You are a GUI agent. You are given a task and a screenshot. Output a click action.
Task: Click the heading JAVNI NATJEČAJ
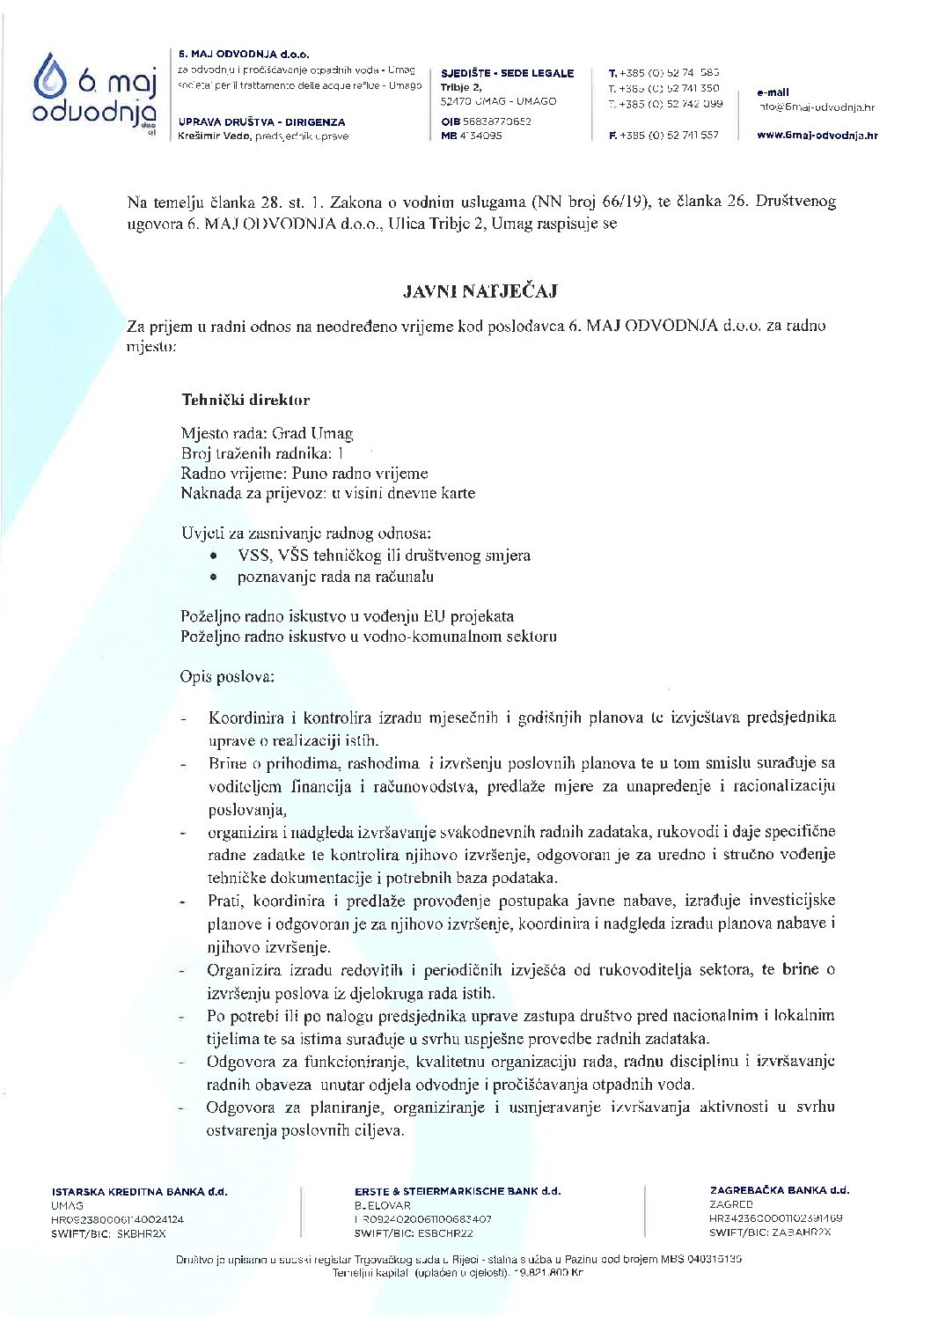[480, 291]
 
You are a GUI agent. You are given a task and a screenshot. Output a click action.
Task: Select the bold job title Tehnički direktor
[246, 400]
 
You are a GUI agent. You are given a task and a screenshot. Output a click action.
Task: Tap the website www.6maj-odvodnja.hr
[817, 136]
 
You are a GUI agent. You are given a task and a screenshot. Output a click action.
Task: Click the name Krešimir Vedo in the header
[203, 136]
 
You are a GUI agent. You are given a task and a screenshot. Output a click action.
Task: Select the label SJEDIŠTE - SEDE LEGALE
[507, 73]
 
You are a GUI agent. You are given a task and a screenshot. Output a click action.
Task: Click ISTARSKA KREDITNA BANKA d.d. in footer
[139, 1192]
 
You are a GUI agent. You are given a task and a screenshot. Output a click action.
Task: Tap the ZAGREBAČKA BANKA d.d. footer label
[779, 1190]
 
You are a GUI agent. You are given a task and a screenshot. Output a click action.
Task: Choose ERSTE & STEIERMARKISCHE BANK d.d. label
[458, 1191]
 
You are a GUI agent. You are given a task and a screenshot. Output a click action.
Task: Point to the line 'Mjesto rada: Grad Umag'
[267, 433]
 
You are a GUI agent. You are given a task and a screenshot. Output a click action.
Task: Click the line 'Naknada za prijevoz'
[327, 493]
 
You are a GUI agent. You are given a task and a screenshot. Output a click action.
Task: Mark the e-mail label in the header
[773, 92]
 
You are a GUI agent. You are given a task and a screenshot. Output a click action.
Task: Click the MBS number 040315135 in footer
[711, 1259]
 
